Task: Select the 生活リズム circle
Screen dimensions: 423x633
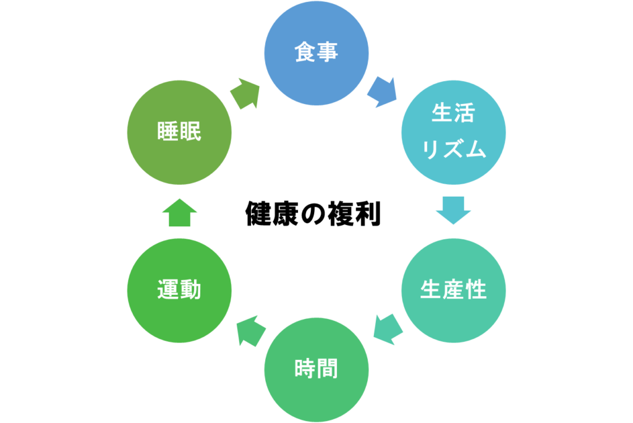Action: coord(454,132)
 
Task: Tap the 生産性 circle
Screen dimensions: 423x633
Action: coord(454,290)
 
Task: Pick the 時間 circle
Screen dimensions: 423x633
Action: coord(316,369)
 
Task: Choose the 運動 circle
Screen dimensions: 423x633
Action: coord(179,290)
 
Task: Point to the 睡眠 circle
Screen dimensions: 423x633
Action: coord(179,132)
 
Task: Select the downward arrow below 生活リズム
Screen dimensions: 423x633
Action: coord(453,210)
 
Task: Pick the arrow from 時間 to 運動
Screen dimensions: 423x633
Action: coord(250,330)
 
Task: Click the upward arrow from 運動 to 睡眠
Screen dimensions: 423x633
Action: coord(179,213)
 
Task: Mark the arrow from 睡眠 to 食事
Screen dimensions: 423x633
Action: coord(245,94)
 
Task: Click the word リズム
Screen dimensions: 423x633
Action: coord(454,150)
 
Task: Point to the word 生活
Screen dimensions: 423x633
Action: coord(454,115)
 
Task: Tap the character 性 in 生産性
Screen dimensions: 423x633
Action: coord(476,290)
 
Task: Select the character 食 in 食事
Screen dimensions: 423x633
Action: coord(305,53)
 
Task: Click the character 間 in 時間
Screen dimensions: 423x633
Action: coord(328,369)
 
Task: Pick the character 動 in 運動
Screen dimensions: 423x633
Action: coord(190,290)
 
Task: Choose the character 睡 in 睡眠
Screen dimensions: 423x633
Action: coord(168,132)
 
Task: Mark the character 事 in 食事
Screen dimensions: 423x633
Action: coord(328,53)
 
